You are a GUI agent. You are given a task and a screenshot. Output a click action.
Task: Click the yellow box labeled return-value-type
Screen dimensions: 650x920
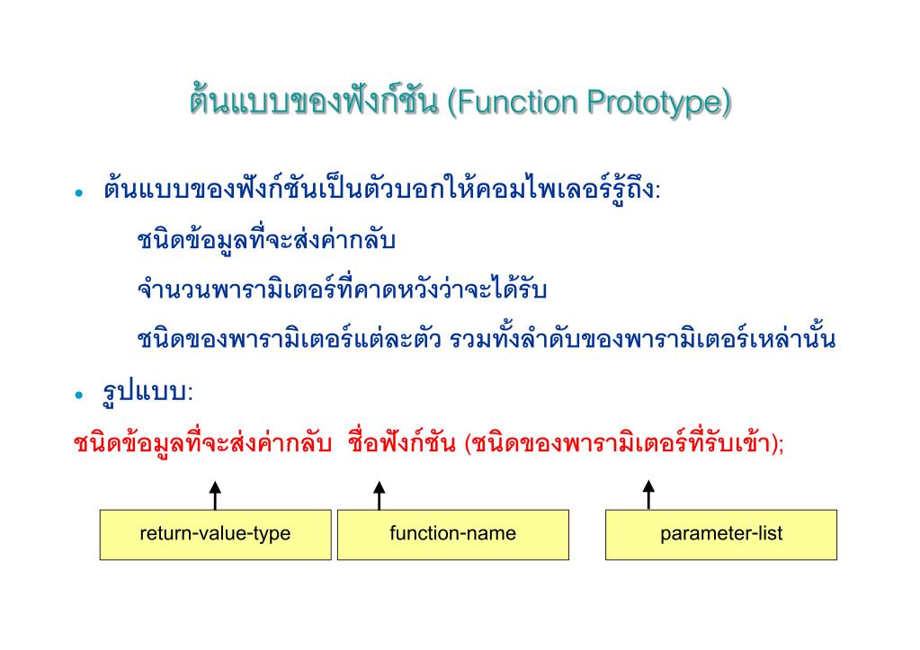click(215, 534)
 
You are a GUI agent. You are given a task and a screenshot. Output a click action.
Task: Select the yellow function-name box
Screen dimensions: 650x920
click(452, 534)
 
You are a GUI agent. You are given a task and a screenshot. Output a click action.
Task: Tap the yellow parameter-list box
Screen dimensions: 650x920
click(720, 534)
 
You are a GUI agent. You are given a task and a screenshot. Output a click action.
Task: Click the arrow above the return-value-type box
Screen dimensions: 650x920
click(215, 494)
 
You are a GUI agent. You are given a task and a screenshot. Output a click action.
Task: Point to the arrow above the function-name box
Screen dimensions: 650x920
click(380, 494)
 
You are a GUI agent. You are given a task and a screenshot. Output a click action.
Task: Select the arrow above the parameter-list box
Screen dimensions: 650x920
click(648, 494)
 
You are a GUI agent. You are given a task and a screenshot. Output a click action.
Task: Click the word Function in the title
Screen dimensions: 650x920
click(518, 103)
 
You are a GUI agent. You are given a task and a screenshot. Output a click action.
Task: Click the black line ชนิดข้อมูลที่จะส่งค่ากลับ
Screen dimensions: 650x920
click(267, 242)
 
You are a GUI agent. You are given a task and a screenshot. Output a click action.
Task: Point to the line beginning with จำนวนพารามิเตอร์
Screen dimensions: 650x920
click(343, 291)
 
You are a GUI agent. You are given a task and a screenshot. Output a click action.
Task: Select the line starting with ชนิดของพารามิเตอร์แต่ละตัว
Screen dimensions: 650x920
click(487, 341)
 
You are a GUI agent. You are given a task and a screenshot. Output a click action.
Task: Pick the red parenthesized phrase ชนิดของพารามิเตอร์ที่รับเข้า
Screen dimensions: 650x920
click(621, 445)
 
